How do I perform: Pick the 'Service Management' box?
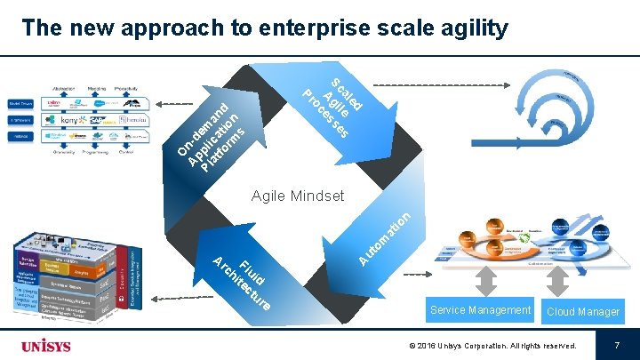pyautogui.click(x=480, y=310)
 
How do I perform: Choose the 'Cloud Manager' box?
pyautogui.click(x=583, y=311)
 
